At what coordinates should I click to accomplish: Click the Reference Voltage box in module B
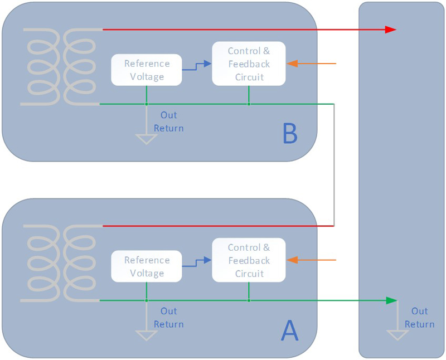tap(147, 70)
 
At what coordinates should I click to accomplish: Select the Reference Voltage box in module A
tap(147, 266)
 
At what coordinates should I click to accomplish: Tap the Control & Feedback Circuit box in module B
tap(249, 64)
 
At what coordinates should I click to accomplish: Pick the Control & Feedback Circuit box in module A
tap(249, 260)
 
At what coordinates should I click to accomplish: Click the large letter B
tap(290, 134)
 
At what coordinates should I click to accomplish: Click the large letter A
tap(290, 330)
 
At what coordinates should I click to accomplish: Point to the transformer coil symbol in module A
tap(60, 263)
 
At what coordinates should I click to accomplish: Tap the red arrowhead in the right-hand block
tap(390, 29)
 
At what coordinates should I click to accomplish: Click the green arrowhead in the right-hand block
tap(391, 301)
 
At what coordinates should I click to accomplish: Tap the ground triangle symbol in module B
tap(147, 139)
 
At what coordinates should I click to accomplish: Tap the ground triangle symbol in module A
tap(147, 335)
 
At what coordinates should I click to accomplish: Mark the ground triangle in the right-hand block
tap(397, 335)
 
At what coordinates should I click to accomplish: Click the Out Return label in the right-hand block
tap(419, 318)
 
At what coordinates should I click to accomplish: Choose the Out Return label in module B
tap(168, 121)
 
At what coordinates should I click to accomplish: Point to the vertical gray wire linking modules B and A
tap(334, 167)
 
